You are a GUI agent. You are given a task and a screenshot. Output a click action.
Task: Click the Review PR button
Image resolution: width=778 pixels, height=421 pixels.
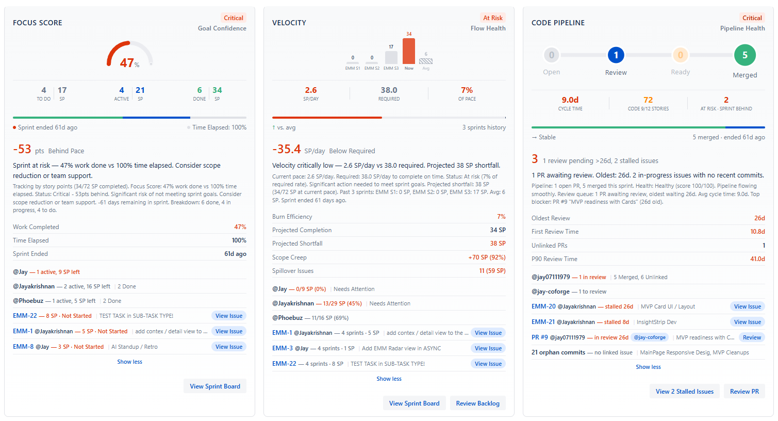(x=744, y=392)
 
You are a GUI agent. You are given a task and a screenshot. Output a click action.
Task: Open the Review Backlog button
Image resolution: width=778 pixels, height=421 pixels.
(x=477, y=403)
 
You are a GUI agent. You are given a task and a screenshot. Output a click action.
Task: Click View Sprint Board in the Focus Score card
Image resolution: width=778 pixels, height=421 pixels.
(x=214, y=386)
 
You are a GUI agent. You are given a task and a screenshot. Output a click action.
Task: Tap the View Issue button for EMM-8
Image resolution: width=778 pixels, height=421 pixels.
(x=228, y=347)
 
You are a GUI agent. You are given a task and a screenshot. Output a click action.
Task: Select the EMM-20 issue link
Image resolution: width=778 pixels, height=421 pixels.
(x=543, y=306)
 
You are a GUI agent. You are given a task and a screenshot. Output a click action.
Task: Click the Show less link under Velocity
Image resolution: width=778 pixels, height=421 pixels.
(x=389, y=379)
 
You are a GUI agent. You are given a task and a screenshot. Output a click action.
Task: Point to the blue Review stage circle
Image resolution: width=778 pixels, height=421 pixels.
(x=616, y=55)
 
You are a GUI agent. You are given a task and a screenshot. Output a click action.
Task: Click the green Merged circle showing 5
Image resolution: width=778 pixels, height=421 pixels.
(x=744, y=55)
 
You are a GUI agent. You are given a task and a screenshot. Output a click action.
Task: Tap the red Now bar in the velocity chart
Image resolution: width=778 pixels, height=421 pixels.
(x=409, y=51)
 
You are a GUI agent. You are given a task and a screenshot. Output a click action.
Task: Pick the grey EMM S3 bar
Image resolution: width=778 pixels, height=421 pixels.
(x=391, y=57)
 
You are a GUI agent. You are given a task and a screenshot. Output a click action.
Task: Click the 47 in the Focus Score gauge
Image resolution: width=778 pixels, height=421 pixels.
(x=127, y=63)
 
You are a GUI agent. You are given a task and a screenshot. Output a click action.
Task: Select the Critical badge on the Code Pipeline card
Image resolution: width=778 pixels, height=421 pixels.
(x=752, y=18)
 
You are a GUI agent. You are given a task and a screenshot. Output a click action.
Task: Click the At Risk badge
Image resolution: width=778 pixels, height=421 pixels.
(x=492, y=18)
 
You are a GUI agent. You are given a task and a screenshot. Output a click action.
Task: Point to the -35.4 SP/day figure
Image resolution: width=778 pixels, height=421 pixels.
(x=287, y=150)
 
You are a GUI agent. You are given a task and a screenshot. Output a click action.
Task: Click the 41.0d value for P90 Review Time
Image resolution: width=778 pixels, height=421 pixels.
(x=757, y=259)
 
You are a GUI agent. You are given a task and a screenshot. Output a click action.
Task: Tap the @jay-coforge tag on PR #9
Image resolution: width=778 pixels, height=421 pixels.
(x=650, y=337)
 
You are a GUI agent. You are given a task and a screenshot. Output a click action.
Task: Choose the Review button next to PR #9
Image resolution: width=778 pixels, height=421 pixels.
(x=751, y=337)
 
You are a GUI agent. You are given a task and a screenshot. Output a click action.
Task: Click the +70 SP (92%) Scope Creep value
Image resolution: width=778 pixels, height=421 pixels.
(x=487, y=257)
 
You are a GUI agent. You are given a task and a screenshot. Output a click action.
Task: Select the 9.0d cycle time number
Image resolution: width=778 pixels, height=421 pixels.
(x=570, y=100)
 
